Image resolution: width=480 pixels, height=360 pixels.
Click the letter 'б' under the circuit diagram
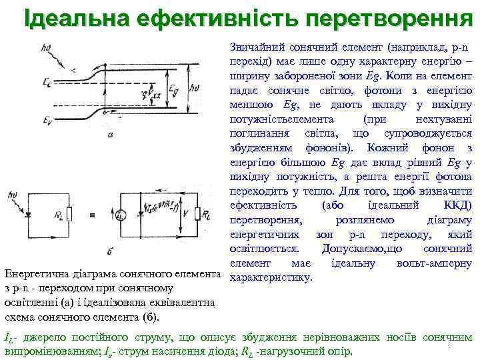pyautogui.click(x=108, y=251)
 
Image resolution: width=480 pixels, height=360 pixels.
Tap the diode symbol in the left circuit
pyautogui.click(x=29, y=215)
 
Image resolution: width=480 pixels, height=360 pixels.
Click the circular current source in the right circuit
pyautogui.click(x=121, y=215)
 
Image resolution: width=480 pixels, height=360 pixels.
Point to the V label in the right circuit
pyautogui.click(x=186, y=214)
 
